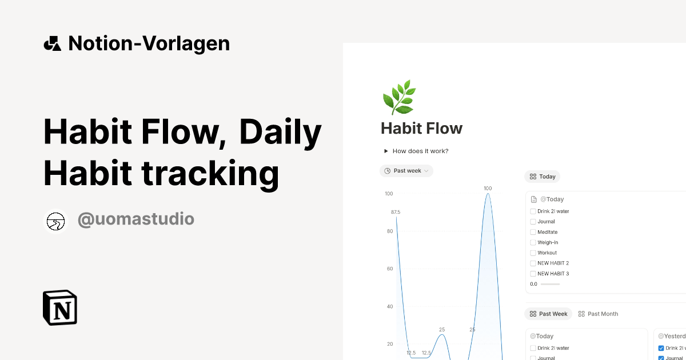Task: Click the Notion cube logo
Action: (x=60, y=307)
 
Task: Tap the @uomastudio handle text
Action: (x=135, y=219)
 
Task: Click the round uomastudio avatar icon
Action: (x=55, y=221)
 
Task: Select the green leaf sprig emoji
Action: (x=398, y=97)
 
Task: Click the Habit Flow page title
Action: (x=421, y=128)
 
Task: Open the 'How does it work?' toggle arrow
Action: (x=386, y=151)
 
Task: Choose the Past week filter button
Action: (x=406, y=171)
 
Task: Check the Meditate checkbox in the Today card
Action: (x=533, y=232)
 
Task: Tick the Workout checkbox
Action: (x=533, y=253)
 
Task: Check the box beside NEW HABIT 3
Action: (x=533, y=274)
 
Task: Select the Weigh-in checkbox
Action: (x=533, y=242)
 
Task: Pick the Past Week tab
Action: (x=548, y=314)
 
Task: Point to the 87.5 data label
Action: (x=396, y=212)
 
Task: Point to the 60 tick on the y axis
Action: (x=389, y=269)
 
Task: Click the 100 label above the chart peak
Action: (x=488, y=188)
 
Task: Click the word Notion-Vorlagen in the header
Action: (x=149, y=43)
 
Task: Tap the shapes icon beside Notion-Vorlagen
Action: (x=53, y=43)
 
